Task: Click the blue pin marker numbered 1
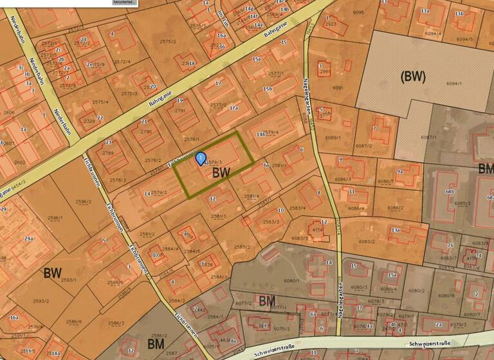(x=200, y=157)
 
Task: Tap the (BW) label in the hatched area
(x=413, y=76)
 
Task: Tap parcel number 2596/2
(x=84, y=202)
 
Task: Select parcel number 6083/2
(x=367, y=241)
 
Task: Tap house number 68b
(x=450, y=192)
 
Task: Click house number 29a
(x=28, y=239)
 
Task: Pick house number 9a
(x=399, y=172)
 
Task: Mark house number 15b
(x=268, y=88)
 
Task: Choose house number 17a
(x=234, y=109)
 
